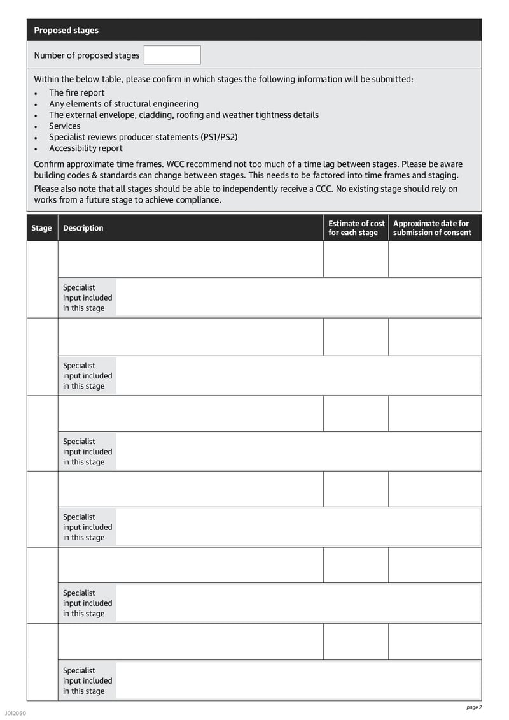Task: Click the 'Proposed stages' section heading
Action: (66, 31)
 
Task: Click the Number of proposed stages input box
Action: (172, 55)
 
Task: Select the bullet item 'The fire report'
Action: (76, 92)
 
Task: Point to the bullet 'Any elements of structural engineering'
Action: (123, 104)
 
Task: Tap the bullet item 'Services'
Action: (64, 126)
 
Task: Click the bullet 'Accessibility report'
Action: (85, 148)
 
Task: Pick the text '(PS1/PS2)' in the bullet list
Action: (216, 137)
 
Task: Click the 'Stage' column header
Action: (41, 228)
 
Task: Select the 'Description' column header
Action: (83, 228)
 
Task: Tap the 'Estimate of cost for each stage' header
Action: (356, 228)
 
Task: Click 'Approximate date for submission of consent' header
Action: (433, 228)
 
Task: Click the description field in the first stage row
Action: (190, 259)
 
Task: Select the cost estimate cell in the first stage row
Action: (356, 259)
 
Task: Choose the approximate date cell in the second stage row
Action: (435, 337)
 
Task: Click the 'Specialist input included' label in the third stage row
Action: (87, 452)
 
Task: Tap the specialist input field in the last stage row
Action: (298, 680)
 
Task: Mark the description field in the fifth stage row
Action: (190, 565)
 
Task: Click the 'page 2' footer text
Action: (474, 707)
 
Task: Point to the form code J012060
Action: (15, 713)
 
